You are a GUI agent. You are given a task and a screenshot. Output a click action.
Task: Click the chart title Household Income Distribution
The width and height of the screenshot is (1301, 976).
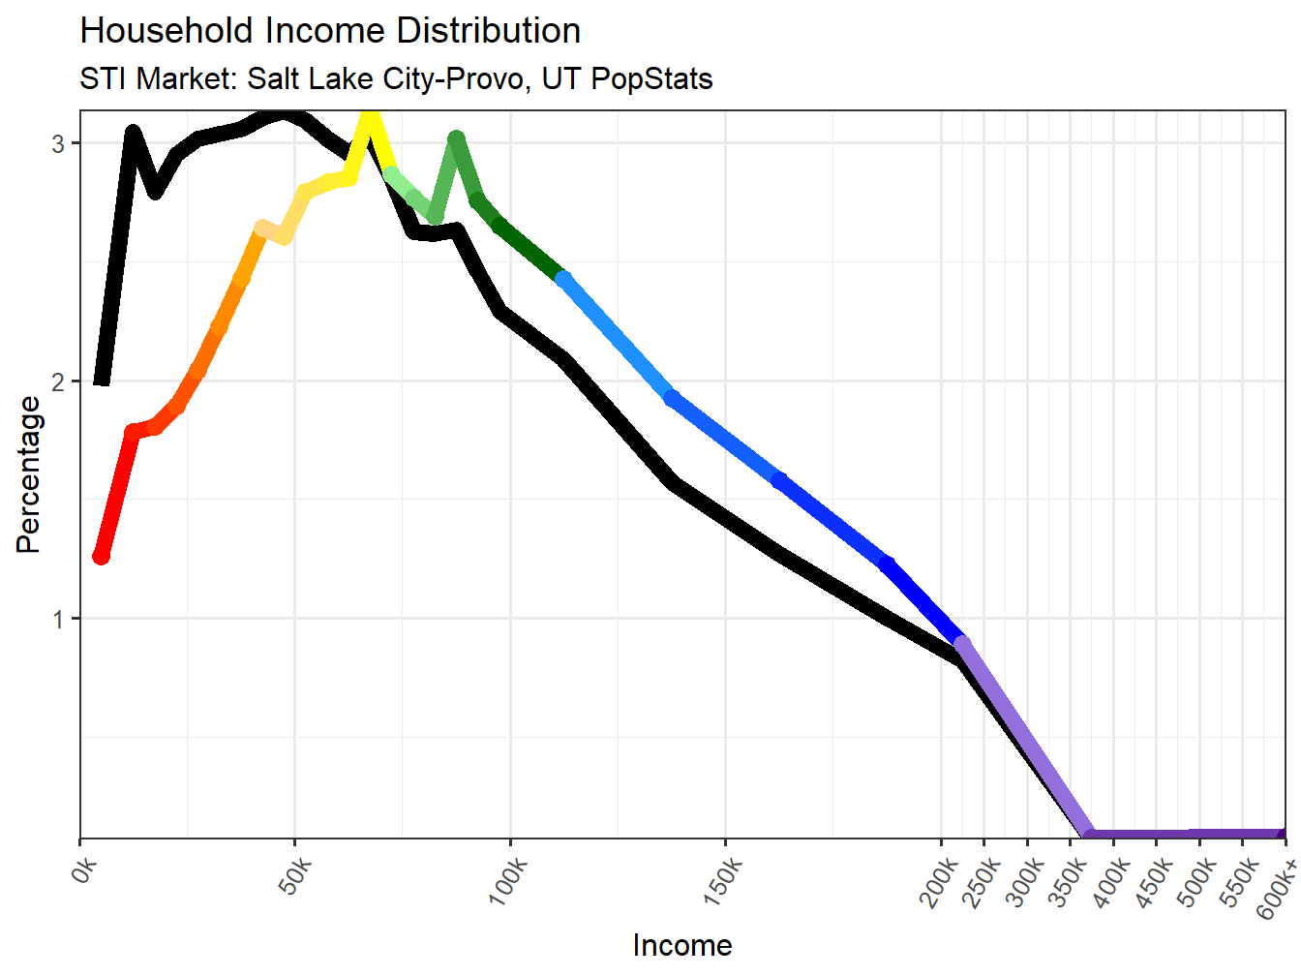(x=330, y=31)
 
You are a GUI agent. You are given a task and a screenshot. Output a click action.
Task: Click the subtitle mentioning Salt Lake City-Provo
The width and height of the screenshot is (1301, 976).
(x=396, y=78)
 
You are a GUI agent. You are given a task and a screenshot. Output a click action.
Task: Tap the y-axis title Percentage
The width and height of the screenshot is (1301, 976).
(x=28, y=474)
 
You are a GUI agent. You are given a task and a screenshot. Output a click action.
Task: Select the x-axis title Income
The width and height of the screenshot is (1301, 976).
(x=682, y=945)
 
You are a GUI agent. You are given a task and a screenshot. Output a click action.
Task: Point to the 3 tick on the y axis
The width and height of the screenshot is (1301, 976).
(x=59, y=143)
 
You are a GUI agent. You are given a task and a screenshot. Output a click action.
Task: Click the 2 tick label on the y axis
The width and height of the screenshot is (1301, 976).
(x=59, y=381)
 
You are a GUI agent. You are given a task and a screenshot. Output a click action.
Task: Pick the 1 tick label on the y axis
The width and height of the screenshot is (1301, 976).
(x=59, y=619)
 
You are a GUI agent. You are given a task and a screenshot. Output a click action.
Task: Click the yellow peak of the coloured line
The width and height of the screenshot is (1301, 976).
(x=370, y=118)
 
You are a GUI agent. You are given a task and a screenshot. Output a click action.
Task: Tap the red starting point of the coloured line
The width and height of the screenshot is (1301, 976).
(x=101, y=556)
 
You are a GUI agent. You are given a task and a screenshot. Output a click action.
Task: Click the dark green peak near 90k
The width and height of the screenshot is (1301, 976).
(x=457, y=140)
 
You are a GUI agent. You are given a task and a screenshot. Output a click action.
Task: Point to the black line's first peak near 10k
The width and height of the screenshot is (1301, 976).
(x=134, y=133)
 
